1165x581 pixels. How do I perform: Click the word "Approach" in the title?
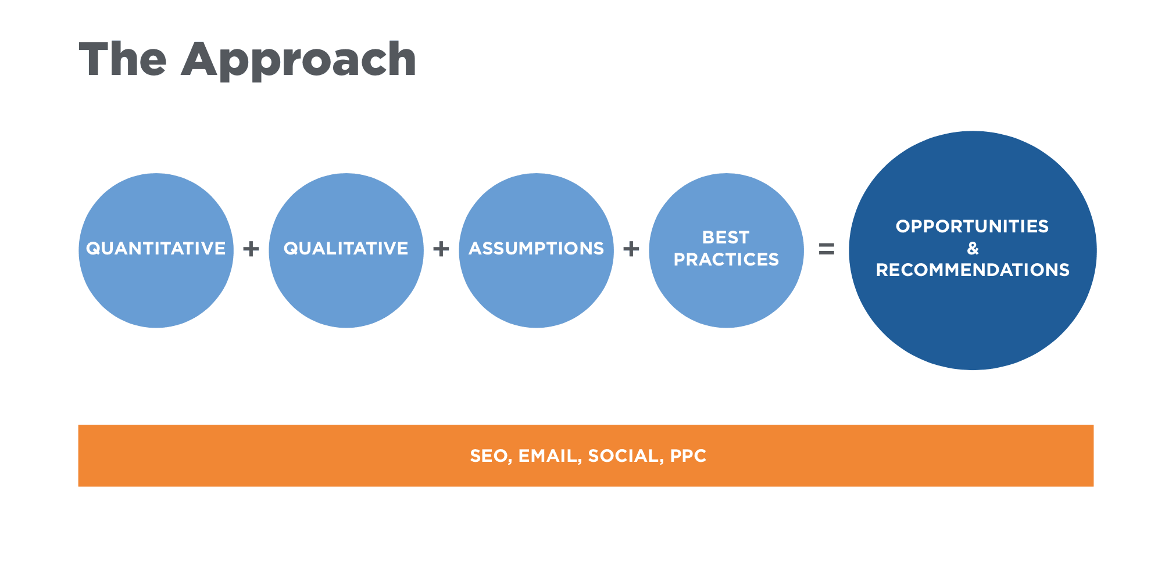pyautogui.click(x=299, y=60)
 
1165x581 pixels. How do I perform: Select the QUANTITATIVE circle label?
pyautogui.click(x=156, y=249)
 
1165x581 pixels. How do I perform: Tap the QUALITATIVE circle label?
pyautogui.click(x=346, y=249)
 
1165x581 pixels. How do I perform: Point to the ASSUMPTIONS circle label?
pyautogui.click(x=536, y=249)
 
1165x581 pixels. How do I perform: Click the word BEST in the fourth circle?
pyautogui.click(x=726, y=238)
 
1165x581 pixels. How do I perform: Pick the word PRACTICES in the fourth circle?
pyautogui.click(x=726, y=260)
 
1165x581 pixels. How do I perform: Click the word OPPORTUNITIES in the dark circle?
pyautogui.click(x=972, y=227)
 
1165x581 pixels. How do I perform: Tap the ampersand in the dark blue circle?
pyautogui.click(x=973, y=249)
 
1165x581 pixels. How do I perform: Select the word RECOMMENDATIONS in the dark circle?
pyautogui.click(x=973, y=270)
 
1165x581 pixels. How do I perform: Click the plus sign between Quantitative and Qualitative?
pyautogui.click(x=251, y=249)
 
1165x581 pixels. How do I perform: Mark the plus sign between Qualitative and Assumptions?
pyautogui.click(x=441, y=249)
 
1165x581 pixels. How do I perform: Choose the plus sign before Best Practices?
pyautogui.click(x=631, y=249)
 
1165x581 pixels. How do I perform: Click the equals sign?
pyautogui.click(x=826, y=249)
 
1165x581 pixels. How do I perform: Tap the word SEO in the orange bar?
pyautogui.click(x=490, y=456)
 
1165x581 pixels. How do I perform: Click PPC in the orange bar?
pyautogui.click(x=688, y=456)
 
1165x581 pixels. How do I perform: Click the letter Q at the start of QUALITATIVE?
pyautogui.click(x=291, y=249)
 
